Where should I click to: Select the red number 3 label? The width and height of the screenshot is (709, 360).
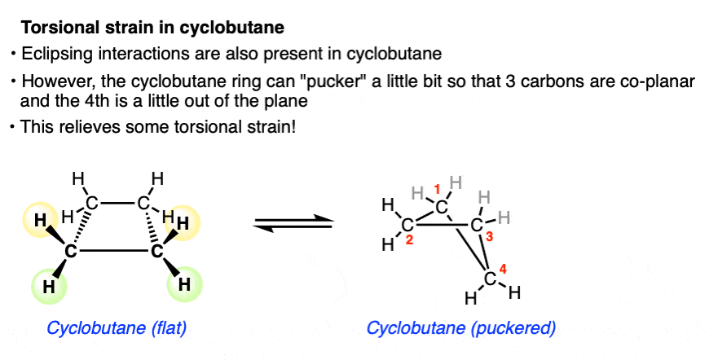tap(489, 236)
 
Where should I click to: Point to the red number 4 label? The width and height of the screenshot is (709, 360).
tap(503, 268)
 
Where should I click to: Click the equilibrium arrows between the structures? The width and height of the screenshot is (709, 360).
tap(294, 222)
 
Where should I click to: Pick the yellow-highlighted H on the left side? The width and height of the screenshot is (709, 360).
tap(39, 219)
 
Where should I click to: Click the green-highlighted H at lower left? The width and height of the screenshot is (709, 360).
tap(49, 286)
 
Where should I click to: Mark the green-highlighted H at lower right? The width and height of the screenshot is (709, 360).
tap(185, 284)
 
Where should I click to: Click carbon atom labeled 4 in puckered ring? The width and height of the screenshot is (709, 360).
tap(491, 279)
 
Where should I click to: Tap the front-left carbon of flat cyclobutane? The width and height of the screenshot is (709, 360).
tap(71, 251)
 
